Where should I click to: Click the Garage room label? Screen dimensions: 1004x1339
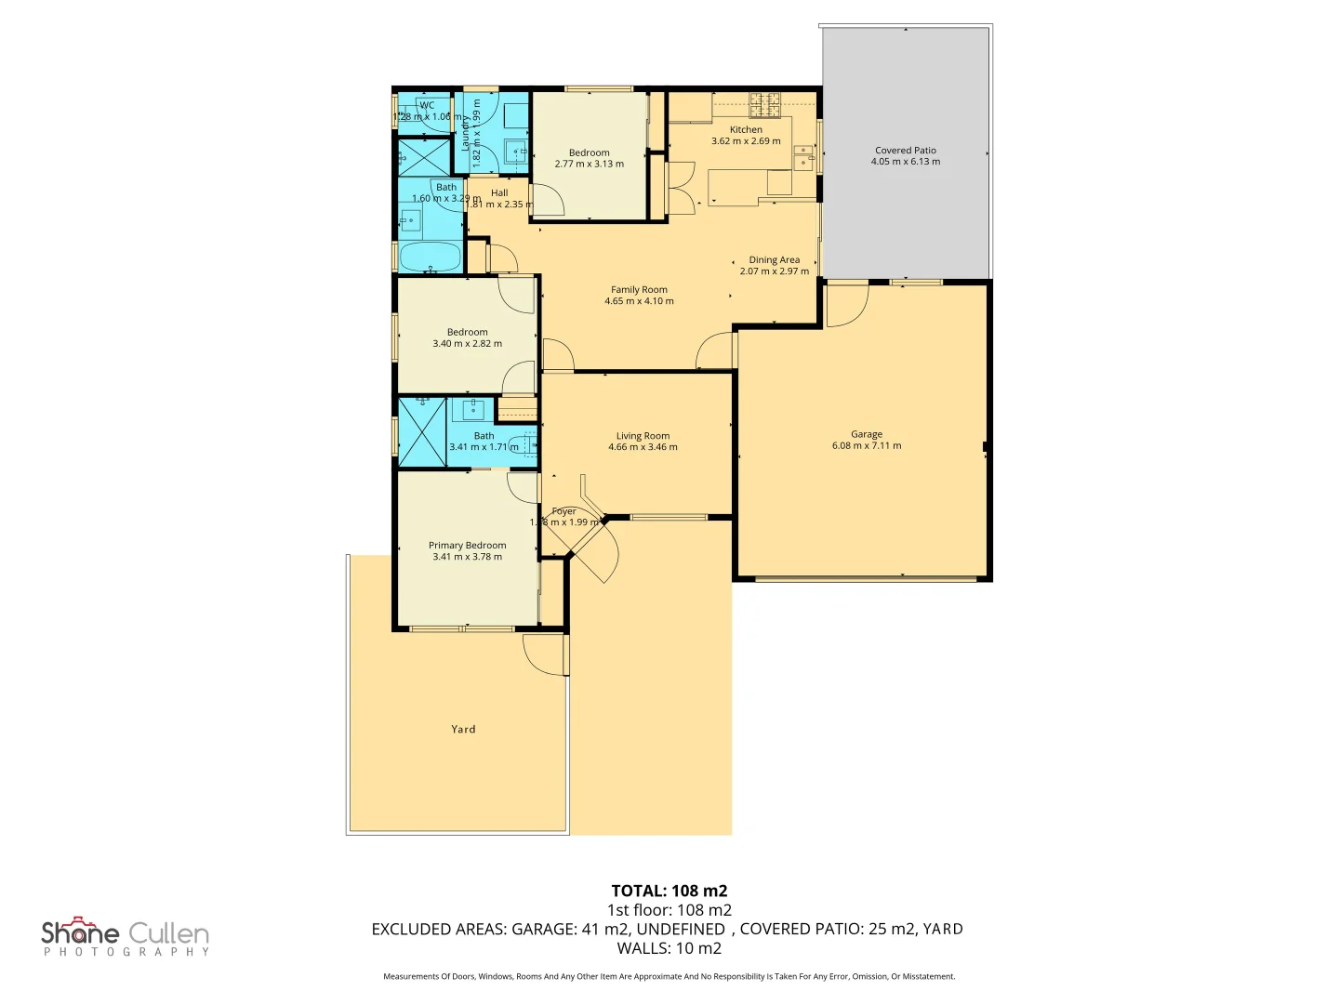[866, 434]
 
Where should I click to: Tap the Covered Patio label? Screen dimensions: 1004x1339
[905, 150]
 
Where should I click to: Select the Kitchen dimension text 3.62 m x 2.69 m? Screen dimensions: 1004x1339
[746, 141]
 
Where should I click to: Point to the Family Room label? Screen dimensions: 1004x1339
[639, 289]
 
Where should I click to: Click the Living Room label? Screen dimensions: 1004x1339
[643, 435]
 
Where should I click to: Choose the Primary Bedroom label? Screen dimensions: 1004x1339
[467, 545]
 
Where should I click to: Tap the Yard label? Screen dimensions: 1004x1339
[463, 729]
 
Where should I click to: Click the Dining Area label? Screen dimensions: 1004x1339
[774, 259]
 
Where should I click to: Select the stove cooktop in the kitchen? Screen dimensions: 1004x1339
[765, 104]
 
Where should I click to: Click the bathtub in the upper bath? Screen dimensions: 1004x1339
[431, 257]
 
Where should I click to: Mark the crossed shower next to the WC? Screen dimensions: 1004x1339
[424, 157]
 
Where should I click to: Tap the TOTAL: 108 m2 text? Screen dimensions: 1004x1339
[669, 891]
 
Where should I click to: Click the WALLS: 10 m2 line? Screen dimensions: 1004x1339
[669, 948]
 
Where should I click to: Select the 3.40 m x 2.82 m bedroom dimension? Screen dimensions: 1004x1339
[467, 344]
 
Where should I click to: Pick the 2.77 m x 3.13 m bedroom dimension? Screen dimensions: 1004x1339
[589, 164]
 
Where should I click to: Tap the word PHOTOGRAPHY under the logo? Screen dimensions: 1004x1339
[126, 952]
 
